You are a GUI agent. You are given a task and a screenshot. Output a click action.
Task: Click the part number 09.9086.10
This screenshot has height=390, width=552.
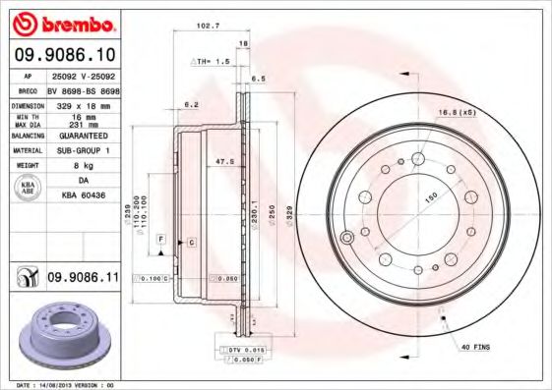[x=66, y=53]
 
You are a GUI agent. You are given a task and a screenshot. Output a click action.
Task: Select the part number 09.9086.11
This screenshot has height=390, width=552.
[x=83, y=279]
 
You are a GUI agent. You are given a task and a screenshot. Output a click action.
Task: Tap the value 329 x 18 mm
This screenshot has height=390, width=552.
[x=83, y=103]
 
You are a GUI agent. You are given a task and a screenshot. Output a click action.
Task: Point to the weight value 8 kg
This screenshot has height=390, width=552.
[x=83, y=166]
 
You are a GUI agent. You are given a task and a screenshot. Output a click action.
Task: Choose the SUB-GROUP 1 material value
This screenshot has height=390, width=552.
[x=83, y=150]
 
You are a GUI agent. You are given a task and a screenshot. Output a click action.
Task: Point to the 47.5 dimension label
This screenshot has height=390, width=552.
[x=223, y=159]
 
